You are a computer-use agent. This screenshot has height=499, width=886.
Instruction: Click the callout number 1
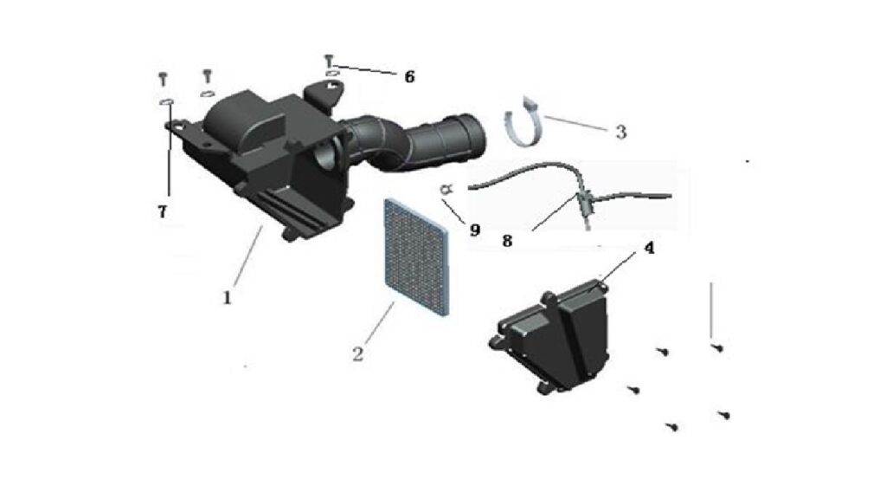pos(228,297)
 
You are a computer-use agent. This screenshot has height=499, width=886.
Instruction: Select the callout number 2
pos(357,354)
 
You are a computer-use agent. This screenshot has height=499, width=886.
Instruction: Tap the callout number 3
pos(621,132)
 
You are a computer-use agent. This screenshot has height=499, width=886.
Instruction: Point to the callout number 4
pos(649,248)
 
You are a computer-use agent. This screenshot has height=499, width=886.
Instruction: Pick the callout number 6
pos(409,76)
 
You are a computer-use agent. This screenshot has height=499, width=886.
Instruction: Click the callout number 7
pos(162,211)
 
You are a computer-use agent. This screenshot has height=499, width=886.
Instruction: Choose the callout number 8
pos(507,241)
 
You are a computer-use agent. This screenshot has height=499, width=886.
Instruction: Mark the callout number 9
pos(475,230)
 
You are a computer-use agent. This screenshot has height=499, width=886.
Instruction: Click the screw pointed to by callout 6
pos(330,60)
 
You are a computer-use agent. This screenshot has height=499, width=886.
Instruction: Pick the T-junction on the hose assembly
pos(584,198)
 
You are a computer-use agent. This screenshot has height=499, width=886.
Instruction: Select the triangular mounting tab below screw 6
pos(324,94)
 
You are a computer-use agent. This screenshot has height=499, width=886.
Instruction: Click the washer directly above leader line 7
pos(166,101)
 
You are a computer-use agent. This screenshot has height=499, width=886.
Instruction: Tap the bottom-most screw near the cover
pos(671,426)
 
